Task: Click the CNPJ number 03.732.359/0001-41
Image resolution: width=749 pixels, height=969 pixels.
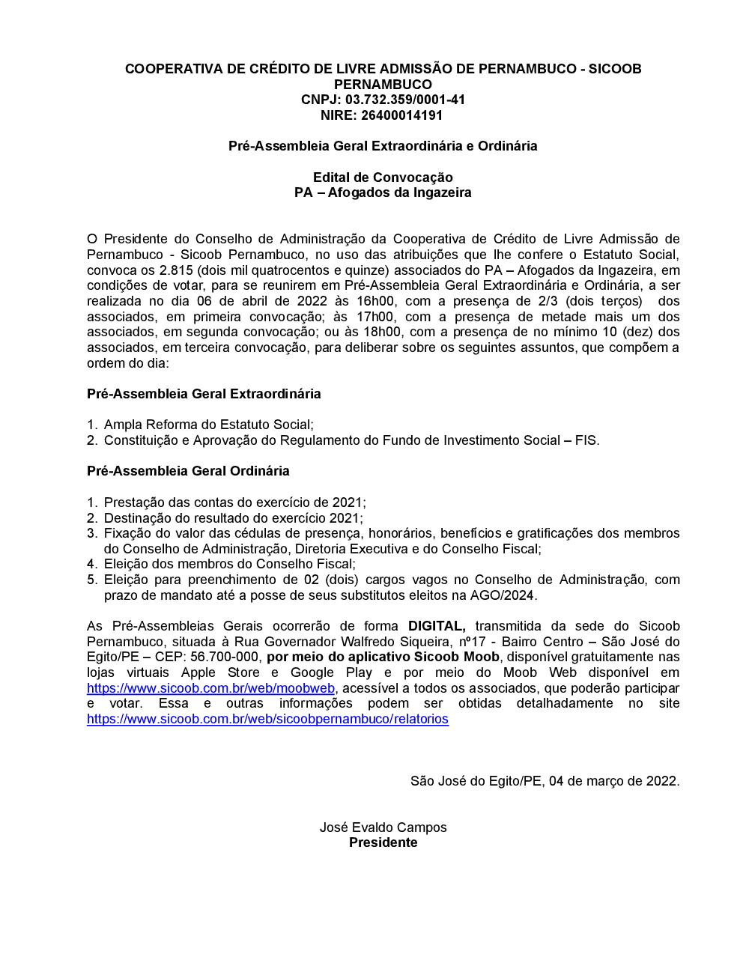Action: click(405, 100)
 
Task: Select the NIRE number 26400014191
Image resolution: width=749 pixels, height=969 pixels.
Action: click(403, 115)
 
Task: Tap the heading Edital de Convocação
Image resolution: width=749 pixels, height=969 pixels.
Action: click(383, 177)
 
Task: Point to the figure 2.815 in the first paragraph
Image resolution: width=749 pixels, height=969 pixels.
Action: click(176, 270)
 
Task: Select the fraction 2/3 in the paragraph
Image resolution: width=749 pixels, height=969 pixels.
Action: click(548, 301)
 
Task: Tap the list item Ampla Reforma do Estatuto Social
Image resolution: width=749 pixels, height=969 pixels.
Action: click(208, 425)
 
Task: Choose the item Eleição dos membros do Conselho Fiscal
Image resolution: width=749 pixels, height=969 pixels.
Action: click(229, 564)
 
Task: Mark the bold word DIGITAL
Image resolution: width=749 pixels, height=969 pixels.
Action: click(437, 626)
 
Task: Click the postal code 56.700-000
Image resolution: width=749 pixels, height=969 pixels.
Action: click(224, 657)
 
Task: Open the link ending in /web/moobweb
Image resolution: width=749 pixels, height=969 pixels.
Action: click(210, 688)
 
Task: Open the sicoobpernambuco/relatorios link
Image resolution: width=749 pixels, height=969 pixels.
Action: click(267, 719)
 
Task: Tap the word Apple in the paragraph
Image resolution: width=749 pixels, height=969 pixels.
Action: click(198, 672)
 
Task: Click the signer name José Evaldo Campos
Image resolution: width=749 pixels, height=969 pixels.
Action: click(383, 827)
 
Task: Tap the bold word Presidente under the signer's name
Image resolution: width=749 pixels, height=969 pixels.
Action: click(383, 842)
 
